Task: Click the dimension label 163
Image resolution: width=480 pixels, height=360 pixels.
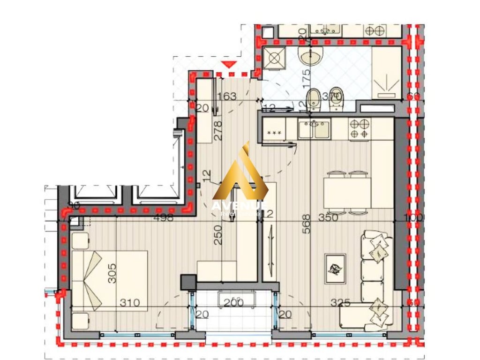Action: [x=227, y=97]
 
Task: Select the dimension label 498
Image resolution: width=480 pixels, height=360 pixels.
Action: [x=163, y=217]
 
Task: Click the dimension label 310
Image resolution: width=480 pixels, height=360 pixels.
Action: [x=129, y=303]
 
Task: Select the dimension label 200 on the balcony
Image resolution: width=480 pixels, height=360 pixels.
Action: [x=233, y=303]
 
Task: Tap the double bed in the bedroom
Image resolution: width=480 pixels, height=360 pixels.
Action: [x=109, y=280]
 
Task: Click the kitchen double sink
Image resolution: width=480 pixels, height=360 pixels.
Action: [x=314, y=129]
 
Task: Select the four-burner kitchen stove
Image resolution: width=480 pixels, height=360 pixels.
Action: [x=360, y=129]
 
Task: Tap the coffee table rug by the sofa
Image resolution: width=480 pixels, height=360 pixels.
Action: [x=335, y=269]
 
